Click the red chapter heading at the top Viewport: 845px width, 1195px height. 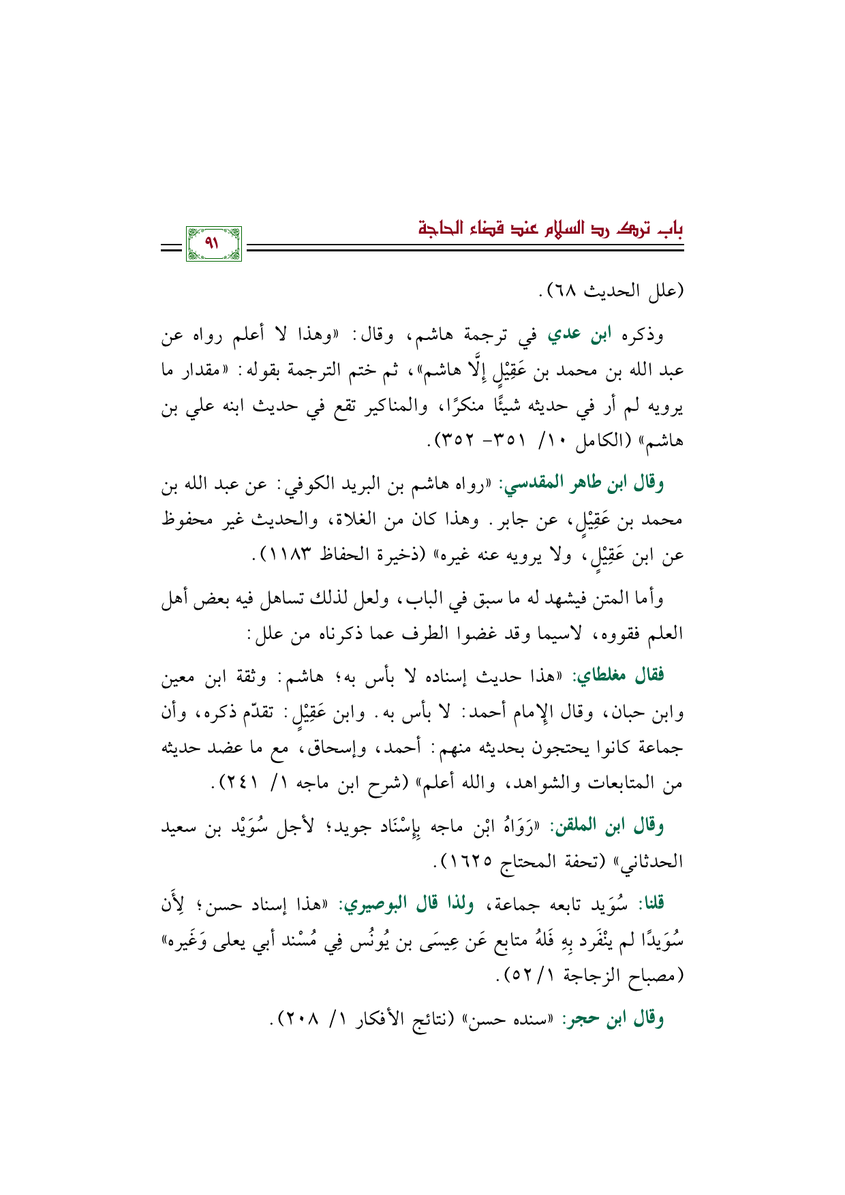[551, 227]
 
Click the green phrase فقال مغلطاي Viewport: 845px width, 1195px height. [618, 677]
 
